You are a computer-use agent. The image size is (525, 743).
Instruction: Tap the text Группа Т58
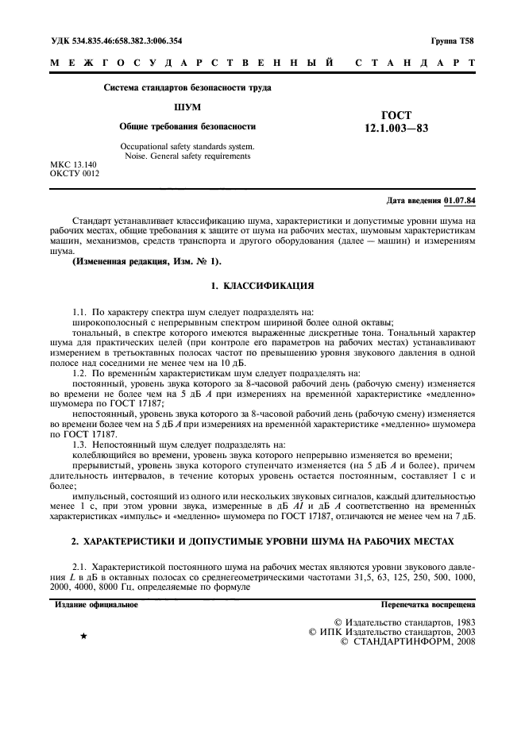point(455,41)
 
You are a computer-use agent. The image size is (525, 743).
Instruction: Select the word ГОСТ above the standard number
point(396,115)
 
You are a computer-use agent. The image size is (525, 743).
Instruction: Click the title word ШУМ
point(187,106)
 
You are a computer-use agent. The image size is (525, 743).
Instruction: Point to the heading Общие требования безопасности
point(187,126)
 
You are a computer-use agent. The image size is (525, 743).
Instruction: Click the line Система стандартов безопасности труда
point(187,87)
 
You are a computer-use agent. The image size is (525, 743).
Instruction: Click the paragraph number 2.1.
point(79,564)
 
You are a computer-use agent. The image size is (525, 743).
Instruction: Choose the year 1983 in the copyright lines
point(461,621)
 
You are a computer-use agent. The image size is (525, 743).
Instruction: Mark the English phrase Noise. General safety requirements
point(187,156)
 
